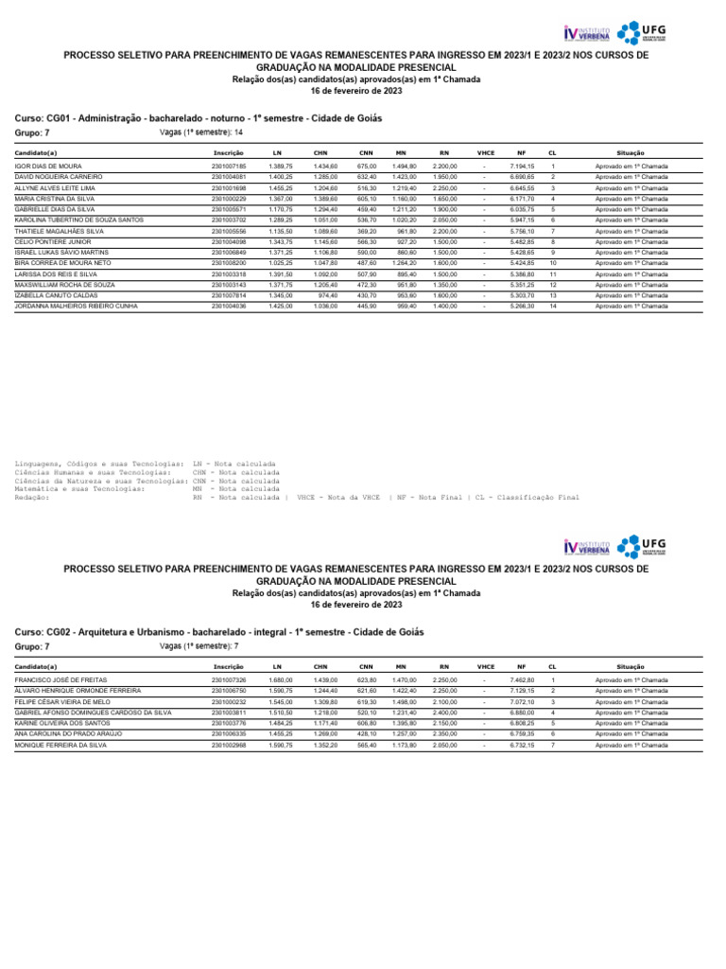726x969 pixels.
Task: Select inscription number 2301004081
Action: [x=229, y=177]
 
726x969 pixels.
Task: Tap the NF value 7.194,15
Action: [x=523, y=167]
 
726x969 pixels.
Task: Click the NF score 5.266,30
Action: [x=523, y=306]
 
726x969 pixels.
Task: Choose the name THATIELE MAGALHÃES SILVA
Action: [x=60, y=231]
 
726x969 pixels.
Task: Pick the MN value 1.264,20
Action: [x=405, y=263]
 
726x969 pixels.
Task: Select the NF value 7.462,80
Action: [x=523, y=679]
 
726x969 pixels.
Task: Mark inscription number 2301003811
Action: [x=229, y=712]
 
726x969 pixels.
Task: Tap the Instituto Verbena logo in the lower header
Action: [x=586, y=547]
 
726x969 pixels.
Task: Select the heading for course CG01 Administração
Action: [x=199, y=118]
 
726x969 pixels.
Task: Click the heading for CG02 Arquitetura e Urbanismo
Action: [x=219, y=631]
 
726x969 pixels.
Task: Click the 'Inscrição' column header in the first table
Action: [x=229, y=152]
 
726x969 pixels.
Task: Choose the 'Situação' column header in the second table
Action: [x=631, y=666]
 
